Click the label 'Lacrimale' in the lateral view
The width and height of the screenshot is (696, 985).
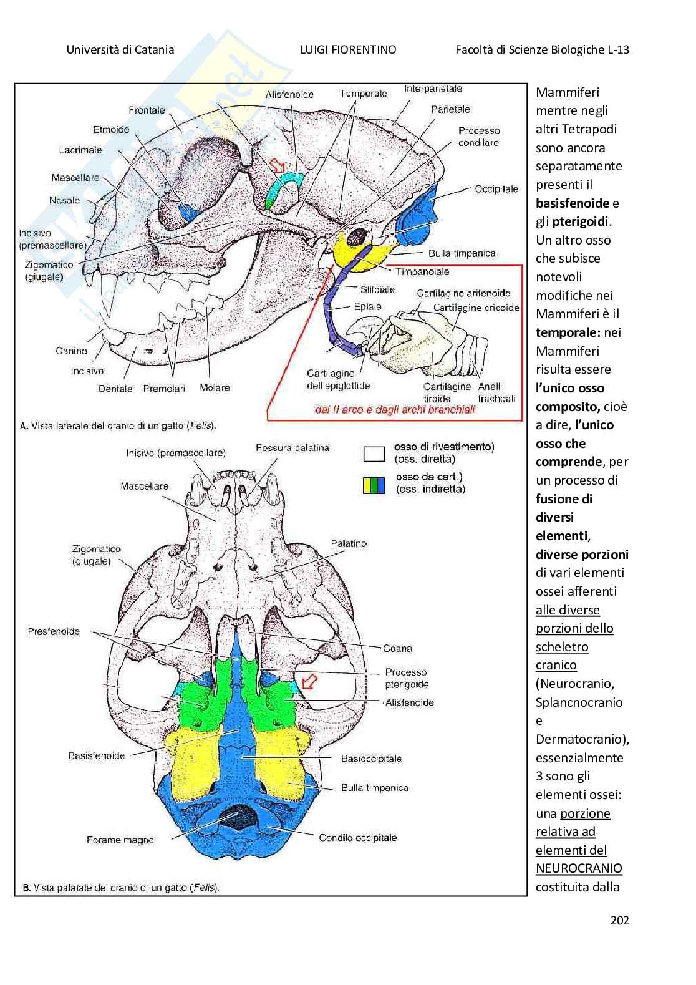click(x=80, y=150)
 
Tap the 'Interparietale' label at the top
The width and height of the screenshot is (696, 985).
click(x=433, y=89)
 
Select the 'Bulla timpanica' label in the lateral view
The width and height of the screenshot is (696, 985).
click(x=462, y=253)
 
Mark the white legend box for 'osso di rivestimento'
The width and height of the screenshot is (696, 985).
click(x=374, y=454)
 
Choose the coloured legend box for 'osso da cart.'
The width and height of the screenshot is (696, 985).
click(x=374, y=485)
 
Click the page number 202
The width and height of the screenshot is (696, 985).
click(x=619, y=920)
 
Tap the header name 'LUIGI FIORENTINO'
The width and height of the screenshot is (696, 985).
click(x=348, y=50)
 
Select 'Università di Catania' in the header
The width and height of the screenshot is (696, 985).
click(x=120, y=50)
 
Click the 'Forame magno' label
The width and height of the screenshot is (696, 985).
click(x=120, y=840)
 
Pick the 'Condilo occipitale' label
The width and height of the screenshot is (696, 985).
click(x=357, y=837)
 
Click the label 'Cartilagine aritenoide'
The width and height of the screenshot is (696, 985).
click(x=463, y=293)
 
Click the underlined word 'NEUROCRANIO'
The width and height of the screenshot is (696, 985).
click(x=578, y=868)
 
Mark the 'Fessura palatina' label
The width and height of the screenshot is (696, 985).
click(x=292, y=448)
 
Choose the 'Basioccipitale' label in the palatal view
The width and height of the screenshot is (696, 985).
click(x=371, y=759)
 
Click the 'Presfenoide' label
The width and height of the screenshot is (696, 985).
click(x=54, y=631)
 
